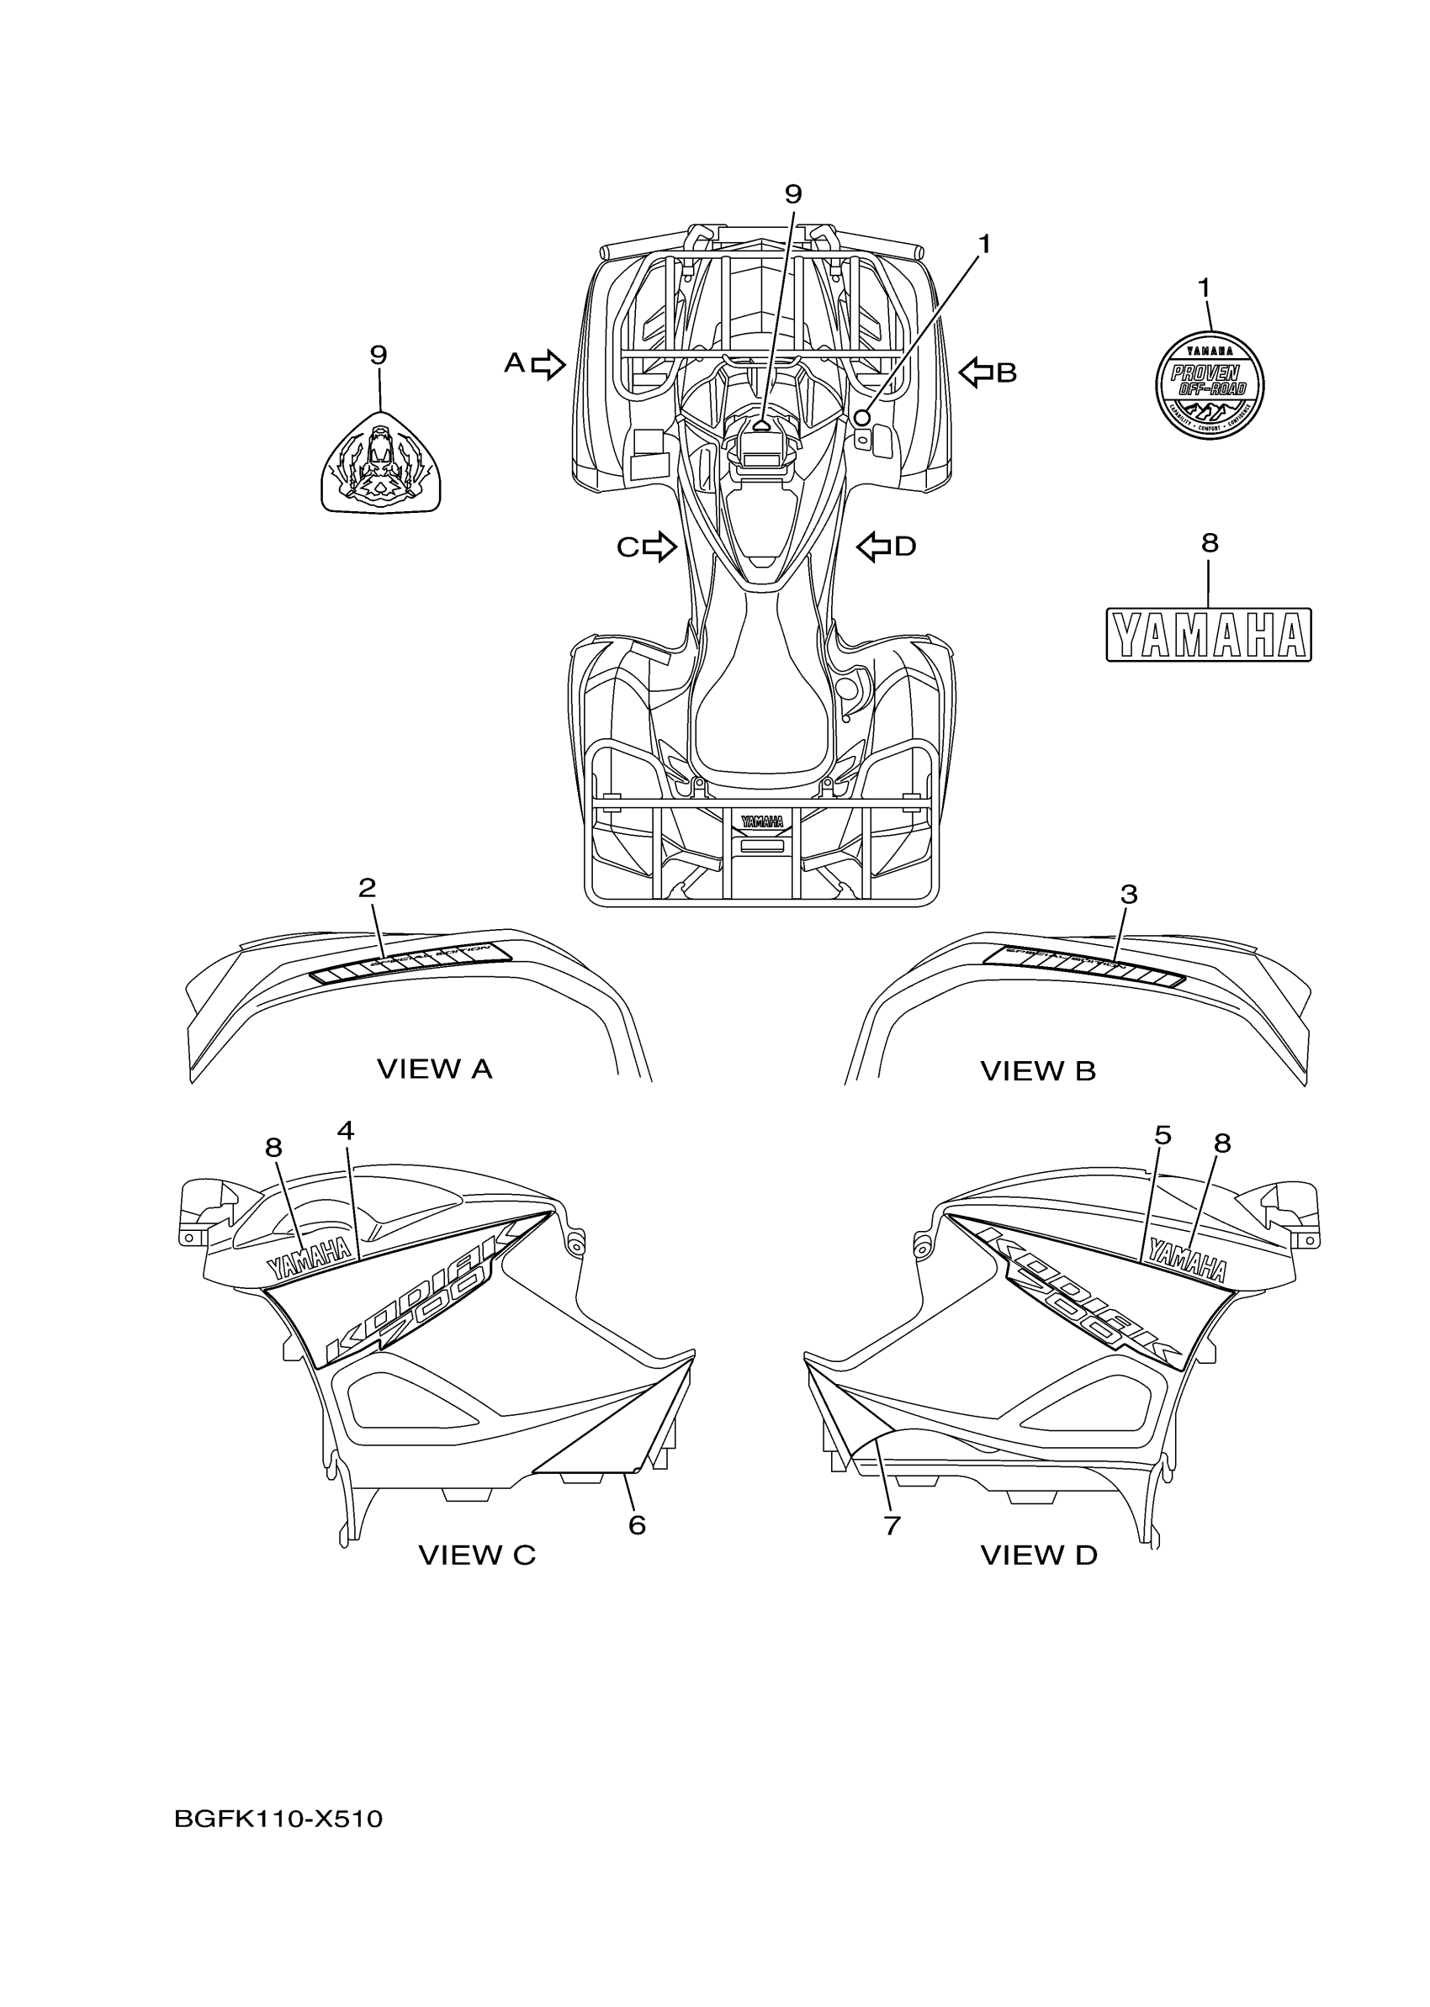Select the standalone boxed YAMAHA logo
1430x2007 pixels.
pyautogui.click(x=1208, y=635)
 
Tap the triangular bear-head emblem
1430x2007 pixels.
pyautogui.click(x=380, y=463)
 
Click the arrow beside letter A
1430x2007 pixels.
pyautogui.click(x=549, y=363)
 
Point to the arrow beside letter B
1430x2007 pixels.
pyautogui.click(x=975, y=372)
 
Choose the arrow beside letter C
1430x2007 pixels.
pyautogui.click(x=659, y=547)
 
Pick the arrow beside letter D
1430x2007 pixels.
pyautogui.click(x=873, y=547)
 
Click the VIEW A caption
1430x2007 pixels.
pyautogui.click(x=434, y=1069)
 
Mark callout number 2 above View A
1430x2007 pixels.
pyautogui.click(x=368, y=888)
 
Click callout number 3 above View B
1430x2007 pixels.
pyautogui.click(x=1128, y=895)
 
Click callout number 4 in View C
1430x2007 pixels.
pyautogui.click(x=345, y=1131)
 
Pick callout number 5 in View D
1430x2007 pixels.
pyautogui.click(x=1163, y=1137)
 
